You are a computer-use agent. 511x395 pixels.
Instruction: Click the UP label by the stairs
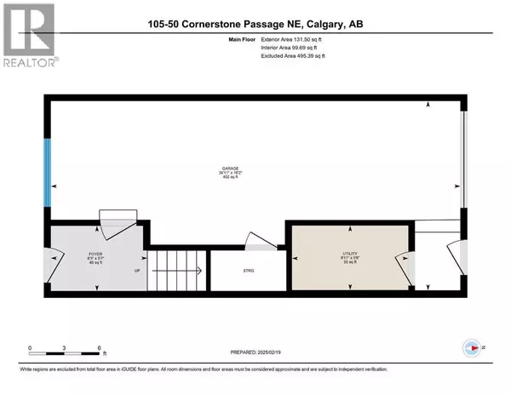coord(137,272)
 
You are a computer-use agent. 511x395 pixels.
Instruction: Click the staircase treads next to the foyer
coord(180,272)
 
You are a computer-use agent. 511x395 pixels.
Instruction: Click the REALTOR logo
coord(29,34)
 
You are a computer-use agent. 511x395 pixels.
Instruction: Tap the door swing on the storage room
coord(257,242)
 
